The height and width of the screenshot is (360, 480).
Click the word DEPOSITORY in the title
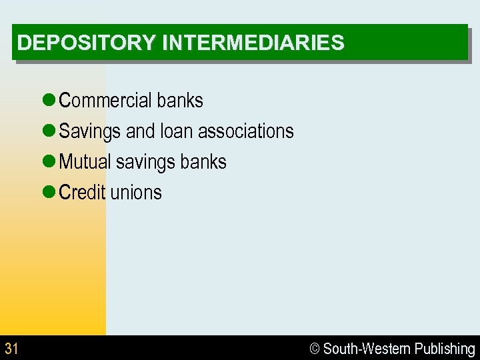[x=87, y=43]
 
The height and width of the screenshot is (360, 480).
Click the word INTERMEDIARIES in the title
[x=253, y=43]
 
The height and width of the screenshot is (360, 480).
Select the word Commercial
[x=105, y=101]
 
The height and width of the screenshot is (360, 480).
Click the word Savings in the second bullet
[x=90, y=132]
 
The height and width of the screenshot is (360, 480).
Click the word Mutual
[x=85, y=162]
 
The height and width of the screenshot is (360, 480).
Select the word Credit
[x=82, y=193]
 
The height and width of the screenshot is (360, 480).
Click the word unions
[x=136, y=193]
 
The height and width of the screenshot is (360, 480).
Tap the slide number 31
[x=11, y=349]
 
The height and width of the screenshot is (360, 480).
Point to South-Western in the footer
[x=367, y=349]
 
